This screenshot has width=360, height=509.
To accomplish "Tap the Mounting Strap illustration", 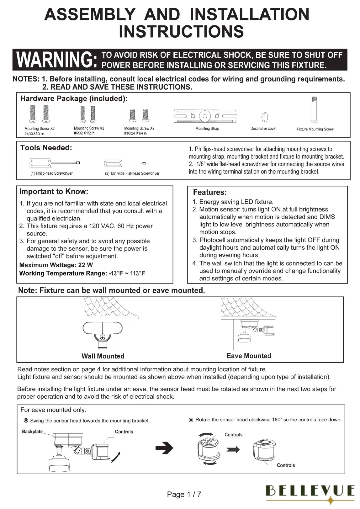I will [x=205, y=116].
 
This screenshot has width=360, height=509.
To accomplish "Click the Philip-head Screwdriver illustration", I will [x=54, y=163].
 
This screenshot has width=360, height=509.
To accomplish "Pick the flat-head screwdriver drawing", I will [x=125, y=163].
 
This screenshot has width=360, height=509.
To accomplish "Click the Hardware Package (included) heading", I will [x=74, y=99].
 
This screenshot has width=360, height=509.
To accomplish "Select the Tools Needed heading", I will [x=46, y=148].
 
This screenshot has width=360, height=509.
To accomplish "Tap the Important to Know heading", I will [x=54, y=192].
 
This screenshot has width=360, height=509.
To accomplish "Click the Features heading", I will [x=210, y=192].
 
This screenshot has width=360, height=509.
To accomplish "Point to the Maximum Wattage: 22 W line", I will [x=56, y=265].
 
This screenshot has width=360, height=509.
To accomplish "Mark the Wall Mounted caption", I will [x=103, y=356].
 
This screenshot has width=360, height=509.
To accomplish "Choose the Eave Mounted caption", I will [x=249, y=356].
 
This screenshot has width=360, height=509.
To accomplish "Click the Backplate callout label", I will [x=32, y=432].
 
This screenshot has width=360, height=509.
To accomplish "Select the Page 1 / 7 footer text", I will [x=184, y=495].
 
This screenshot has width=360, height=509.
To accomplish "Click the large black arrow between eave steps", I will [x=164, y=448].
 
